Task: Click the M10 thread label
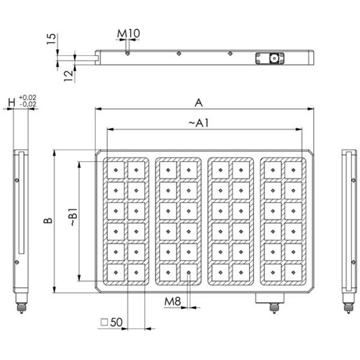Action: (128, 32)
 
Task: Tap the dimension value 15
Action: (52, 40)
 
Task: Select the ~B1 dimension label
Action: (73, 217)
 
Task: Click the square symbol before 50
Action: (104, 322)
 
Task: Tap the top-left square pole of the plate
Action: (115, 170)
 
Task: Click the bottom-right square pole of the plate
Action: (293, 273)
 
